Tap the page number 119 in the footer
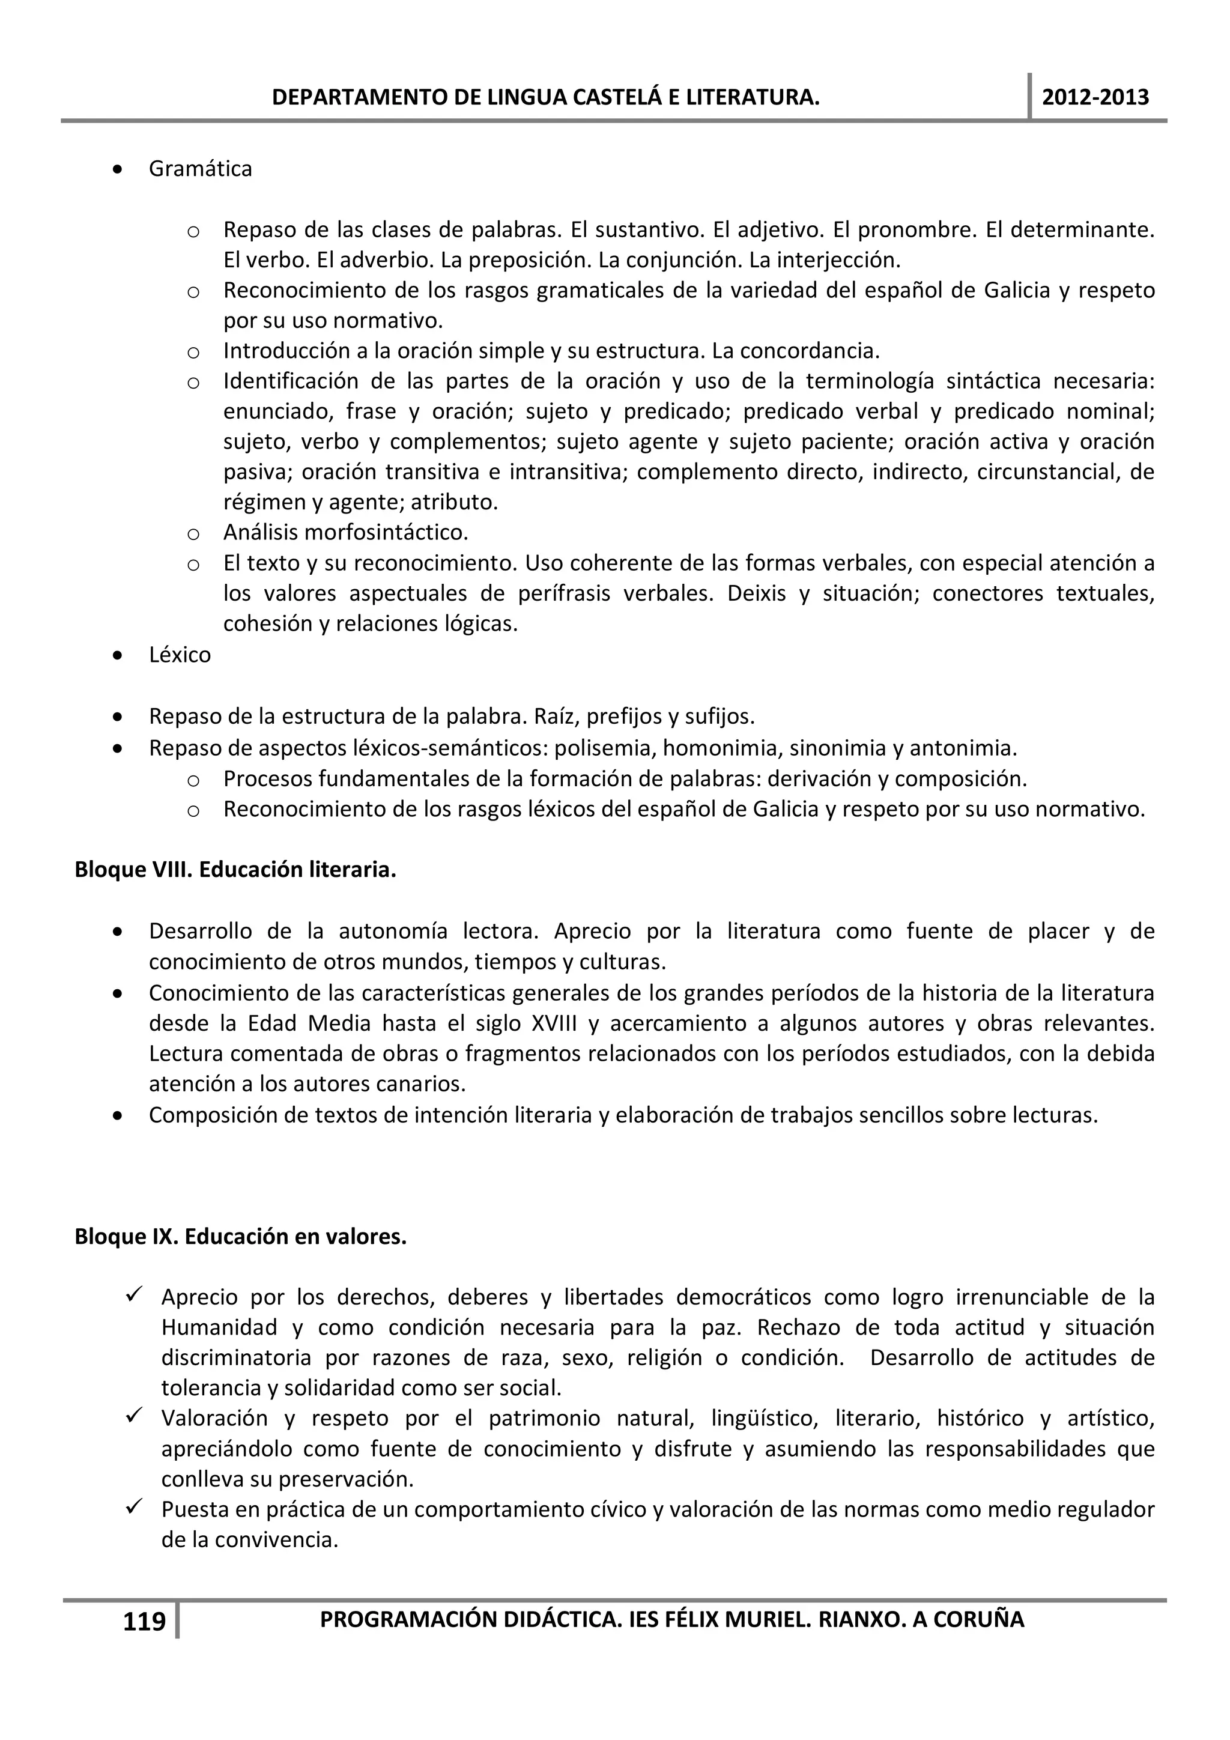click(x=144, y=1622)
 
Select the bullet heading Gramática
click(x=200, y=168)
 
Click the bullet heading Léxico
click(x=180, y=655)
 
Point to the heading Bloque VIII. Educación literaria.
click(x=235, y=870)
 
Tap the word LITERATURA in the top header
click(x=760, y=98)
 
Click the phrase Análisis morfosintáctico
click(x=345, y=533)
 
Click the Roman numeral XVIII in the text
click(x=554, y=1024)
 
